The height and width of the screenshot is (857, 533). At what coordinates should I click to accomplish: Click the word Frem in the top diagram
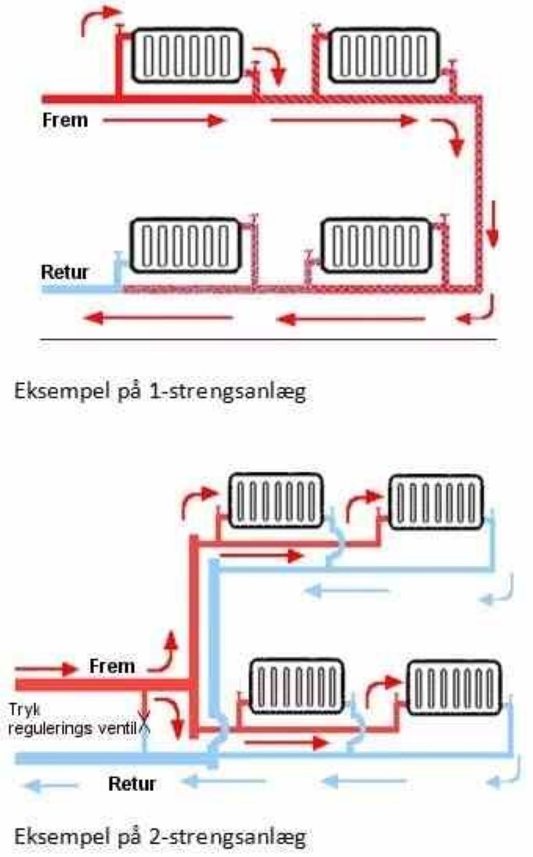point(65,120)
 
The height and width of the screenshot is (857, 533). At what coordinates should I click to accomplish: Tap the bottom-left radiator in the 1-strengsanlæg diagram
point(184,245)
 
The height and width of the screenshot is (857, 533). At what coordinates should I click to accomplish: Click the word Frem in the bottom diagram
point(112,667)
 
